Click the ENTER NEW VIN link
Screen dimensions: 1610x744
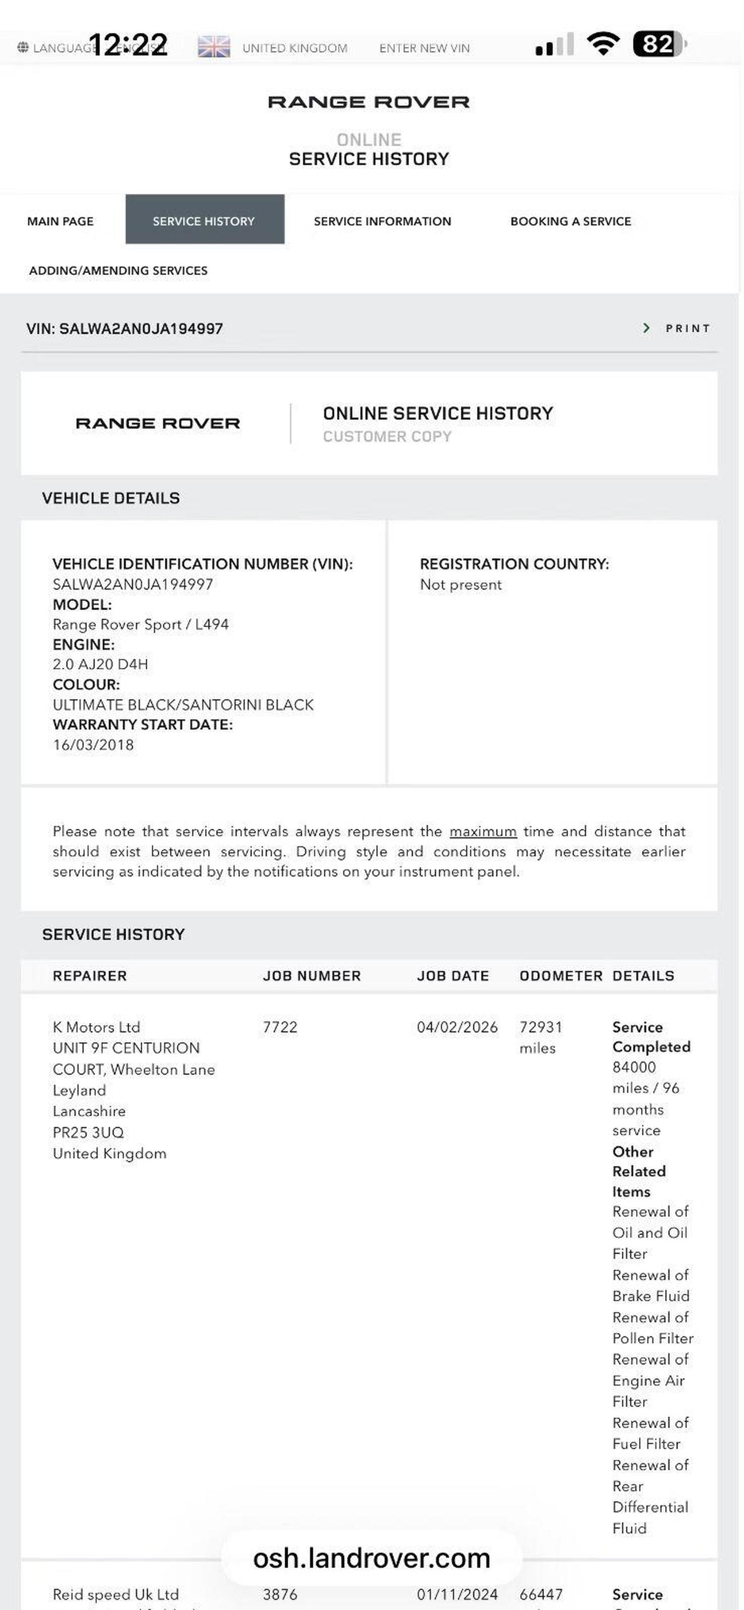(424, 48)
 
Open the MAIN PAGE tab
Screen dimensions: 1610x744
(60, 221)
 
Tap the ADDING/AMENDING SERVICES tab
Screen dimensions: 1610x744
(118, 271)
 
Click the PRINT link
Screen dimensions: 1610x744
(687, 328)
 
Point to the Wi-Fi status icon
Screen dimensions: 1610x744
(603, 44)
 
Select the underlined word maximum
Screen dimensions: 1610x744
(483, 831)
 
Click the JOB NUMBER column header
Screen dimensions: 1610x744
(311, 976)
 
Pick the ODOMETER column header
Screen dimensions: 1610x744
(560, 976)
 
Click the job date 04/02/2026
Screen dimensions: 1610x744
(457, 1027)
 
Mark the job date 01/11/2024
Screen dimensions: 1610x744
(457, 1594)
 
